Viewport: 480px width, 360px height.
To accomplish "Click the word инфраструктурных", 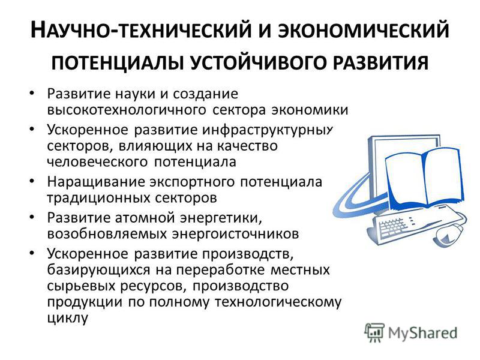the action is pos(267,130).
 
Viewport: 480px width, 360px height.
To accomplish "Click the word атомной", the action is pos(145,218).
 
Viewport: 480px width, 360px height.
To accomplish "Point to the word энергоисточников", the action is pos(235,234).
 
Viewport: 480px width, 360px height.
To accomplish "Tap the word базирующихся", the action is pos(99,270).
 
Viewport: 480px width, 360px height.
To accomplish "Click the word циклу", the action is pos(68,318).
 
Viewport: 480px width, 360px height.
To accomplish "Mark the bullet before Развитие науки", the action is pos(32,93).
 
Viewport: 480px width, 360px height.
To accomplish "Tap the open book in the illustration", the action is pos(425,181).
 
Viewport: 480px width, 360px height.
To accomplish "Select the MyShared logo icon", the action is pos(374,332).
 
